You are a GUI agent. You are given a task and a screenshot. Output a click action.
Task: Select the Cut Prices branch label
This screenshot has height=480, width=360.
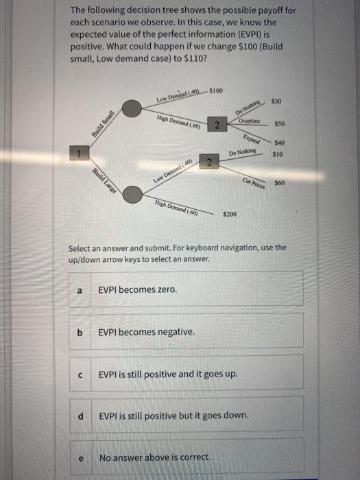pyautogui.click(x=252, y=180)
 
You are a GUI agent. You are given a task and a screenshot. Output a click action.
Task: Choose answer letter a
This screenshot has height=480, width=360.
pyautogui.click(x=80, y=290)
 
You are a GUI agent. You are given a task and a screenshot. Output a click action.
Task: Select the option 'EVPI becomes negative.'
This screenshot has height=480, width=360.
pyautogui.click(x=146, y=332)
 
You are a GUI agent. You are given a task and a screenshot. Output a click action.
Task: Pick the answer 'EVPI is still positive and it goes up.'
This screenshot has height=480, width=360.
pyautogui.click(x=169, y=375)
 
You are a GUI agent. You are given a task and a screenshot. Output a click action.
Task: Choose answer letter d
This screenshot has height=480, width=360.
pyautogui.click(x=81, y=416)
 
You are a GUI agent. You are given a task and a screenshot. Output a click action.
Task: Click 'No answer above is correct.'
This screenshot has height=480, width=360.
pyautogui.click(x=156, y=457)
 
